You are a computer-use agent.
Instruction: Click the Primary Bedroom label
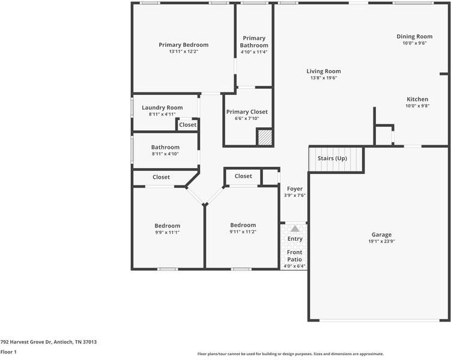pyautogui.click(x=183, y=45)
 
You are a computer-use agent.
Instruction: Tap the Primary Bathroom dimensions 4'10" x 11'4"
pyautogui.click(x=253, y=52)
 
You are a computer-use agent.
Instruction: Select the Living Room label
pyautogui.click(x=324, y=71)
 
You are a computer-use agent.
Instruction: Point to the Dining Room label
pyautogui.click(x=414, y=37)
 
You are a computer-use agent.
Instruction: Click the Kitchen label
pyautogui.click(x=417, y=99)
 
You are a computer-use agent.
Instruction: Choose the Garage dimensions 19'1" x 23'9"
pyautogui.click(x=381, y=241)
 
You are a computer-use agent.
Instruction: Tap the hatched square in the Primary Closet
pyautogui.click(x=265, y=137)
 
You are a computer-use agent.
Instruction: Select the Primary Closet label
pyautogui.click(x=247, y=112)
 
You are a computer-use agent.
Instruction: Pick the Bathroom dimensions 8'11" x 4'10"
pyautogui.click(x=165, y=154)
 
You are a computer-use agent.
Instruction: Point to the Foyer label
pyautogui.click(x=295, y=189)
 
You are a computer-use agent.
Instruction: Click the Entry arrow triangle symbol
pyautogui.click(x=295, y=229)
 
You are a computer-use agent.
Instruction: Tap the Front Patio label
pyautogui.click(x=294, y=256)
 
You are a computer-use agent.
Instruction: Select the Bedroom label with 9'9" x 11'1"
pyautogui.click(x=167, y=226)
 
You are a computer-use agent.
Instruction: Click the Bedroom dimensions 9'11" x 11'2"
pyautogui.click(x=243, y=232)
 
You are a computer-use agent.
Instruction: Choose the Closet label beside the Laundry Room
pyautogui.click(x=187, y=125)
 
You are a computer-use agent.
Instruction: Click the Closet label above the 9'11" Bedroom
pyautogui.click(x=243, y=176)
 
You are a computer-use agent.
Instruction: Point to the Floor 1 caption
pyautogui.click(x=8, y=352)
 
